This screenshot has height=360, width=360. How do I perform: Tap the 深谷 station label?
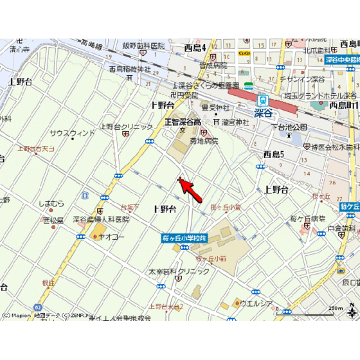pyautogui.click(x=264, y=114)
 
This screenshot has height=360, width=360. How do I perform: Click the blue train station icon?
pyautogui.click(x=262, y=101)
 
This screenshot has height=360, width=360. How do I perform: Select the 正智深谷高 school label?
pyautogui.click(x=183, y=122)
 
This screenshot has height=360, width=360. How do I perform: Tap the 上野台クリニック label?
pyautogui.click(x=121, y=127)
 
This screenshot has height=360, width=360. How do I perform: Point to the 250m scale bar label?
pyautogui.click(x=336, y=309)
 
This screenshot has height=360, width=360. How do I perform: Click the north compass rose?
pyautogui.click(x=352, y=312)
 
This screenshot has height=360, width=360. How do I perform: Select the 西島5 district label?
pyautogui.click(x=273, y=154)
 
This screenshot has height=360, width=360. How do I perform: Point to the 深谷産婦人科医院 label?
pyautogui.click(x=101, y=219)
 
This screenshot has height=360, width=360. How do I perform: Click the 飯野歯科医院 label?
pyautogui.click(x=143, y=46)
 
